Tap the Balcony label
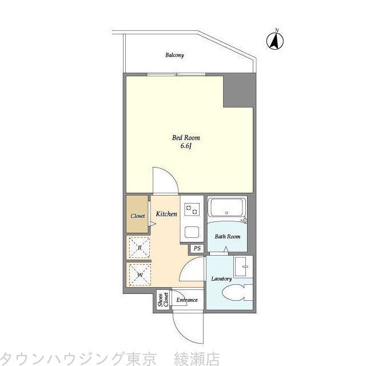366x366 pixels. pos(174,55)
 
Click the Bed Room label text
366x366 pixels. pos(186,138)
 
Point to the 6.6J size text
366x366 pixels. pos(186,146)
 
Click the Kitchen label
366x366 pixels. pos(166,214)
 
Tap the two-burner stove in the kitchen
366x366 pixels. pos(191,210)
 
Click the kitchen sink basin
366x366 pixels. pos(191,233)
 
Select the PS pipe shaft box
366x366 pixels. pos(197,248)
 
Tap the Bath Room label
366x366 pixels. pos(227,236)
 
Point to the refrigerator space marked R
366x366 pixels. pos(139,247)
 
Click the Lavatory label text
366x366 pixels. pos(221,279)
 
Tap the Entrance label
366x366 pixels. pos(186,300)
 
